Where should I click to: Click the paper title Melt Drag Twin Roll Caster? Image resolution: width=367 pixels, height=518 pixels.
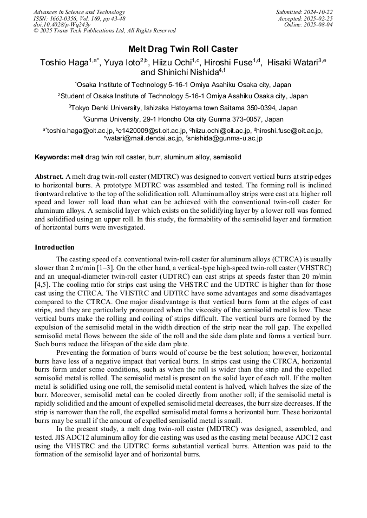point(183,49)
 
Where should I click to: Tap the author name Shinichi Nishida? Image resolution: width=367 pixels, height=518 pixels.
point(181,72)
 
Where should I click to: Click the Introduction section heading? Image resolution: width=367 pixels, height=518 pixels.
point(55,247)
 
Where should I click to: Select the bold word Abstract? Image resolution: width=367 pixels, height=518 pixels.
point(49,177)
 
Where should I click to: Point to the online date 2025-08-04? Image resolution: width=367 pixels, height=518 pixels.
point(320,25)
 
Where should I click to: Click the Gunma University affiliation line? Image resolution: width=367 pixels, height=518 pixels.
point(183,119)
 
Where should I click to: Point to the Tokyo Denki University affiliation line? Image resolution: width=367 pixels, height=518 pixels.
point(183,108)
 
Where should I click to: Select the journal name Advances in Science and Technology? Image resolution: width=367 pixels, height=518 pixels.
point(79,12)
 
